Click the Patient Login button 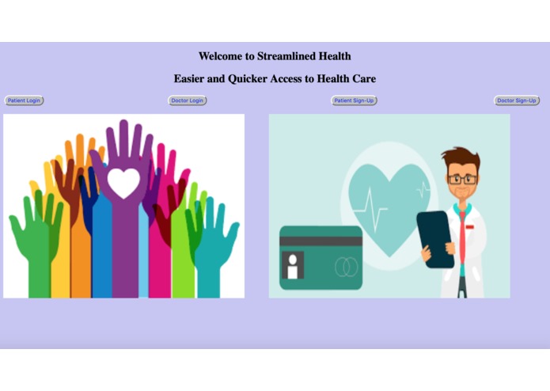pos(24,101)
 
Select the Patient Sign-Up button pos(354,101)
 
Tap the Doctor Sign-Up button pos(517,101)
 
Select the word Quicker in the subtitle pos(252,79)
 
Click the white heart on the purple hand pos(123,183)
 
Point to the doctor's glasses pos(462,179)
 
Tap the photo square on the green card pos(293,265)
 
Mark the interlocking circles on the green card pos(346,268)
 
